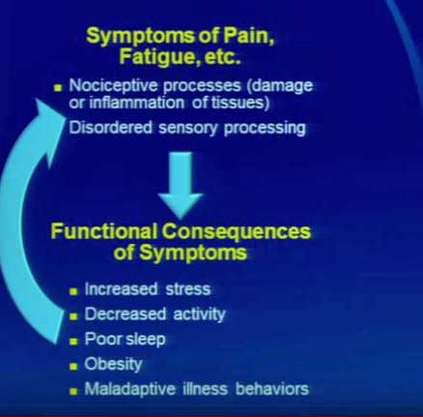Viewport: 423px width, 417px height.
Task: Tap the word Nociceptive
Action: (113, 86)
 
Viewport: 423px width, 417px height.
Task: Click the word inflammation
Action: (136, 103)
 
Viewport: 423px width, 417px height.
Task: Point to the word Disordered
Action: (110, 127)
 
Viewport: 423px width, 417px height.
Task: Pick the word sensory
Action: (188, 129)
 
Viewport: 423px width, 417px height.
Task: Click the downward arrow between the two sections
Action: (181, 185)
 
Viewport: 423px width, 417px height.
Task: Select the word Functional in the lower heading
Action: (104, 231)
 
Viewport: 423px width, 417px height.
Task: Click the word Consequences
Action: (236, 232)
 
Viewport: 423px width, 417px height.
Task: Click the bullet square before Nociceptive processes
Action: (58, 88)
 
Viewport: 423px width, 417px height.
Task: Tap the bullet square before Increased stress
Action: (73, 291)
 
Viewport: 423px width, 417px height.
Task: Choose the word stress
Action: (188, 289)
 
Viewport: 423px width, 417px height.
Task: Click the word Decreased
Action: (126, 313)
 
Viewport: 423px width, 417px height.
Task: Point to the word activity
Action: (199, 314)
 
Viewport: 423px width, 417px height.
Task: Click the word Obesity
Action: (113, 365)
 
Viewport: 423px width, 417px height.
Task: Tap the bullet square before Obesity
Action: (73, 367)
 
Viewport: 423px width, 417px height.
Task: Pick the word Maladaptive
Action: (130, 389)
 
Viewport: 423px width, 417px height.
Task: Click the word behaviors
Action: (272, 389)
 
